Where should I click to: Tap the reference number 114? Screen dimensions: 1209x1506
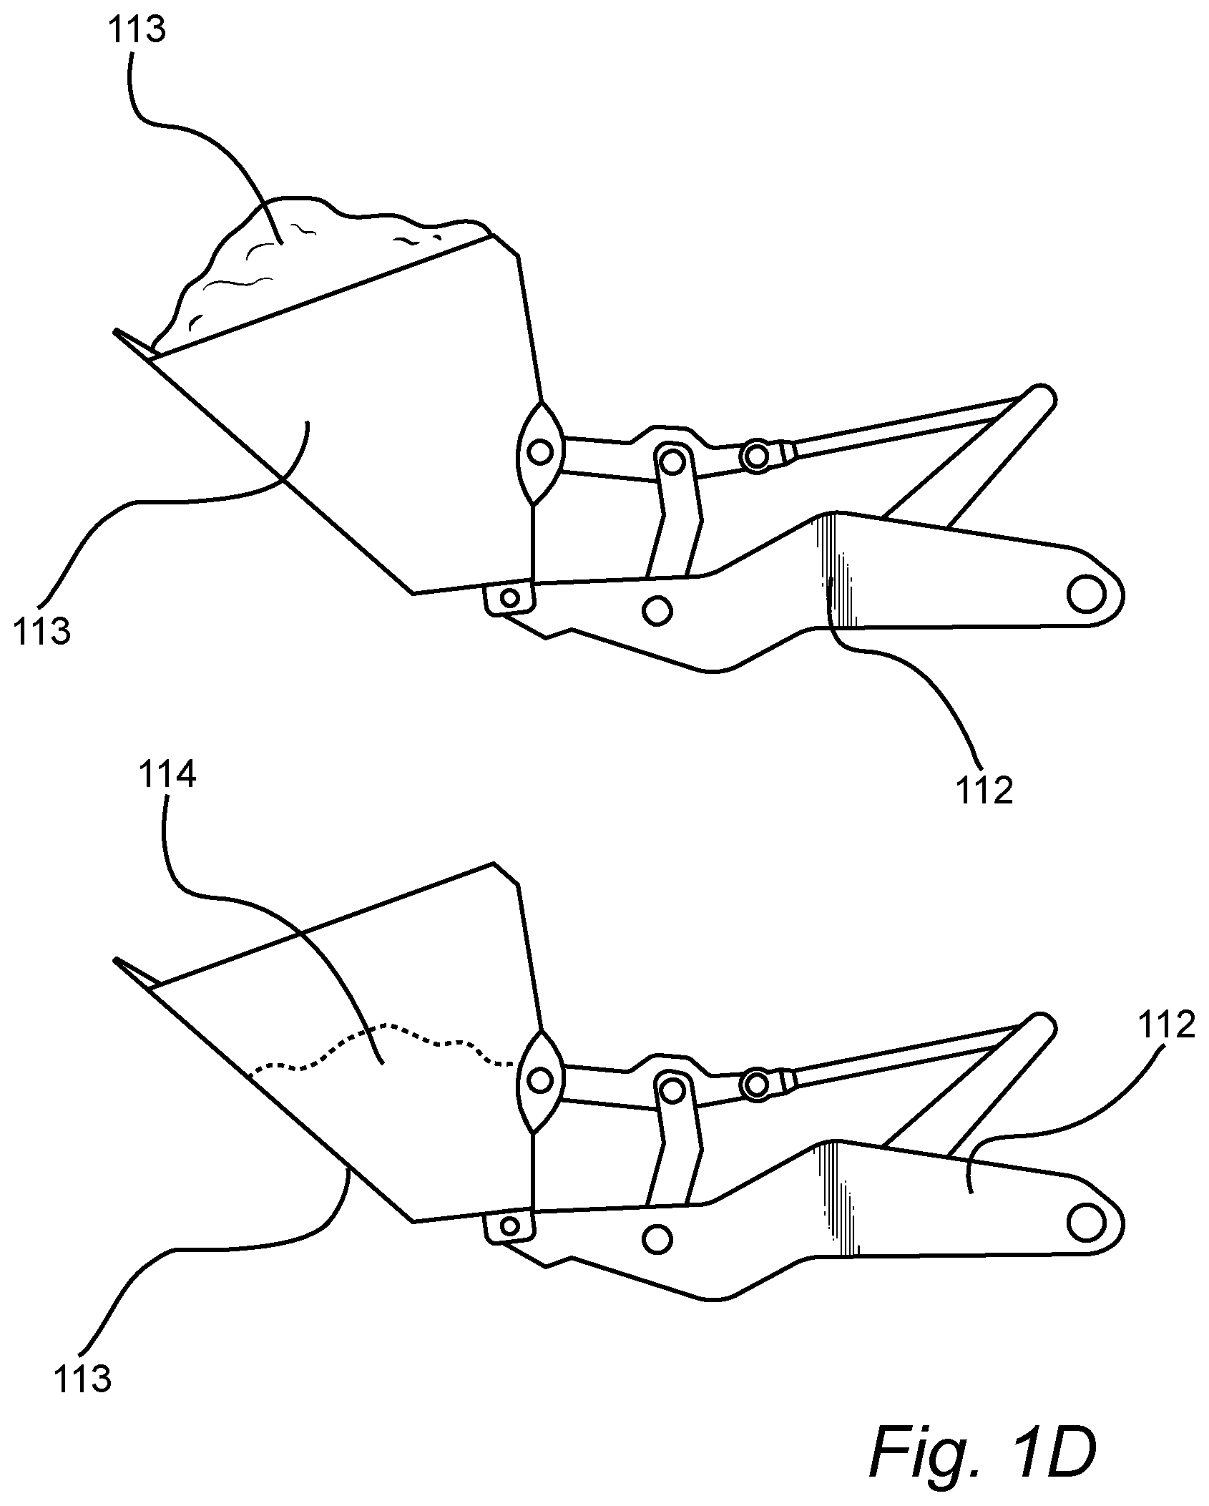click(x=167, y=776)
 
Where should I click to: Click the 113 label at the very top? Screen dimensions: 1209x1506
click(x=137, y=31)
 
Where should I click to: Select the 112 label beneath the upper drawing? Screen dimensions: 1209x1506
click(x=984, y=791)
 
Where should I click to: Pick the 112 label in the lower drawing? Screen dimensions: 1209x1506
click(x=1167, y=1025)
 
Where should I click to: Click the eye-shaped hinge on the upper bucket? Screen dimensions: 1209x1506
click(x=541, y=453)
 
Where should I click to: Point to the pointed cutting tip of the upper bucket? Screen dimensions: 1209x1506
click(x=114, y=331)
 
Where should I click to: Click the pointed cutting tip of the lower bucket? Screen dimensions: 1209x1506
click(x=114, y=959)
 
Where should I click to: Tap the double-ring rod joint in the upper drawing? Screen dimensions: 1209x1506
click(x=756, y=456)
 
